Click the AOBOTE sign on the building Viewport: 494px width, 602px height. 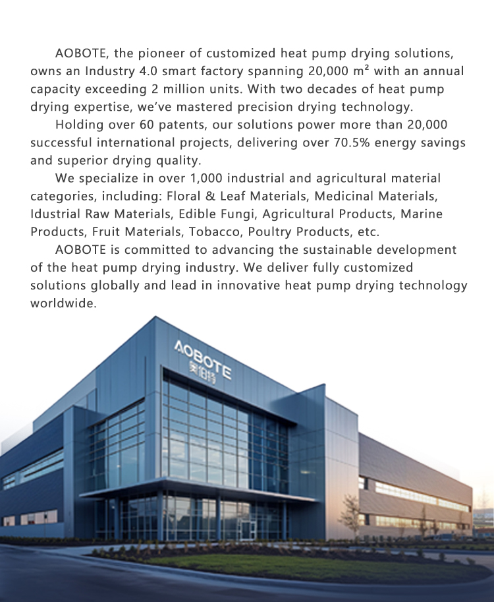(203, 359)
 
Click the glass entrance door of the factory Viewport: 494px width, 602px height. (248, 528)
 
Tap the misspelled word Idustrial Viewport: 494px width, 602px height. (58, 214)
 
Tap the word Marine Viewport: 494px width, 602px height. (422, 214)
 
